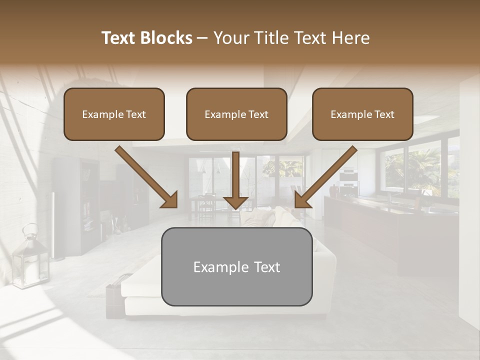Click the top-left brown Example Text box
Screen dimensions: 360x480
click(x=114, y=114)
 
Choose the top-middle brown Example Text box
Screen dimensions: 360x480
click(x=236, y=114)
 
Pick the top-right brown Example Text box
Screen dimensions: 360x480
click(x=362, y=114)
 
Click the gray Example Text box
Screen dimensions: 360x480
click(x=236, y=266)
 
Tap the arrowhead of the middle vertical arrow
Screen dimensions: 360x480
click(x=235, y=202)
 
